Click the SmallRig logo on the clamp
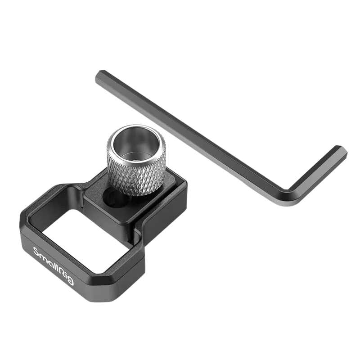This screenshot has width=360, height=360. (54, 266)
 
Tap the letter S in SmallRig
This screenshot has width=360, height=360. (36, 252)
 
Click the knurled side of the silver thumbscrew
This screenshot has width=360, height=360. (136, 175)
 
